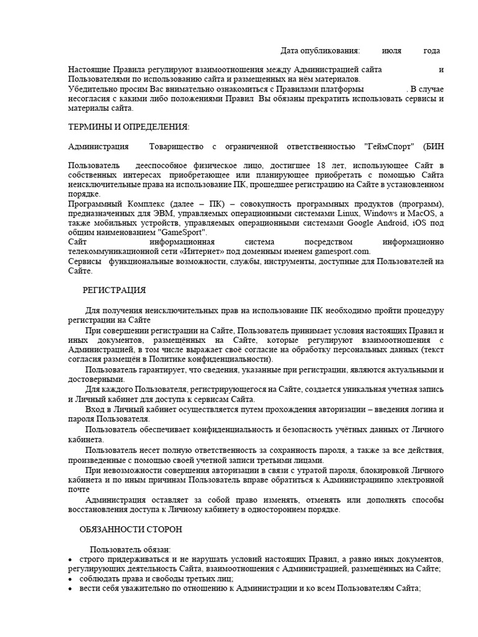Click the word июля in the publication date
(390, 50)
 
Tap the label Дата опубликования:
(320, 50)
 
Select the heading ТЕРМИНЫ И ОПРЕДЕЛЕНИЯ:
(128, 128)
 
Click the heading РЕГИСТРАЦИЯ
(114, 290)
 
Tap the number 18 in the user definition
(321, 165)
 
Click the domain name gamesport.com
(340, 251)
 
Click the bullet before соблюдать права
(70, 578)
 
